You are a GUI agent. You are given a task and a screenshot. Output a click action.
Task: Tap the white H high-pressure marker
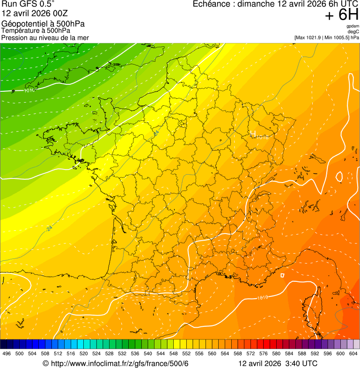click(253, 134)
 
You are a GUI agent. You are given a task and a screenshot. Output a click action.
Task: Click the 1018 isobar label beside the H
click(263, 138)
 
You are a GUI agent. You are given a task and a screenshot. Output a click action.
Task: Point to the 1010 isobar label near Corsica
click(263, 297)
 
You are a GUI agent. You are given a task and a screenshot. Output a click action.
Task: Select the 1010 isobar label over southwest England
click(29, 90)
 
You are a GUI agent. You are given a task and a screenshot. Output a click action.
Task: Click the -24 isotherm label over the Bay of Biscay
click(49, 229)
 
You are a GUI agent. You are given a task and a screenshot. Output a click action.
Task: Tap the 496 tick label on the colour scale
click(7, 353)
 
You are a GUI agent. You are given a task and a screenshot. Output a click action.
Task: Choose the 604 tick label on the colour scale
click(353, 353)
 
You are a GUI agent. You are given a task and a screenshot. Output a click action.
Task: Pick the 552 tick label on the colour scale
click(186, 353)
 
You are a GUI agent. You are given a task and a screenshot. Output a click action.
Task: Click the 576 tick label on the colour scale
click(264, 353)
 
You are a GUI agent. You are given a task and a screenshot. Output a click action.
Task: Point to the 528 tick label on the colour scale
click(110, 353)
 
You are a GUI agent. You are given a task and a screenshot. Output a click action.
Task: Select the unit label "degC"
click(353, 32)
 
